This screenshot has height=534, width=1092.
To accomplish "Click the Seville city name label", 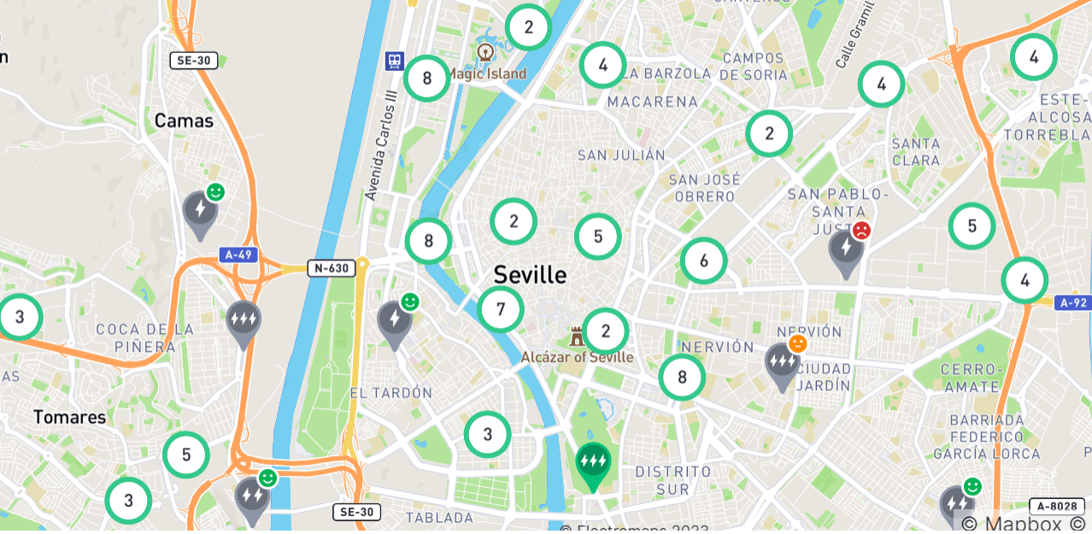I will [530, 275].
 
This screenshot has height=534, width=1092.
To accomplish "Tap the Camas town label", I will [184, 121].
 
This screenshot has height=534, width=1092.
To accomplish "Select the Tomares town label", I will [70, 418].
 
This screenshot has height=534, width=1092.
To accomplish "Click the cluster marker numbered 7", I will [501, 309].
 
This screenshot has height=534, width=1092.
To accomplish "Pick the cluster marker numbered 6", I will [704, 261].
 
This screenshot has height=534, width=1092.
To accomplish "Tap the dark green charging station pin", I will [593, 464].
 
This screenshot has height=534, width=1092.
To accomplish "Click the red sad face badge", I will [861, 231].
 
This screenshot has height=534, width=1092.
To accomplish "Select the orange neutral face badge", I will [797, 343].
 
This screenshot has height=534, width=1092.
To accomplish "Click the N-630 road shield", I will [332, 268].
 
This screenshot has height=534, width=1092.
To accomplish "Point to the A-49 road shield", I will [238, 255].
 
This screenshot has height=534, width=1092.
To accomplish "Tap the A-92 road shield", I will [1072, 302].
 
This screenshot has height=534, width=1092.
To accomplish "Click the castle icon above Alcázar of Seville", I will [577, 336].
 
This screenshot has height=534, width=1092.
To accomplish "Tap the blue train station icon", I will [394, 61].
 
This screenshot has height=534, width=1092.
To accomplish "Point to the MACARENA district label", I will [652, 102].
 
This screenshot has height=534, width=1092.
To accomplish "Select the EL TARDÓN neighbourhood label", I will [391, 393].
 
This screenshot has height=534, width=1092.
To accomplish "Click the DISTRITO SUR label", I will [673, 480].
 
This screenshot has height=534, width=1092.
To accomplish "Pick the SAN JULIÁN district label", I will [621, 156].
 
